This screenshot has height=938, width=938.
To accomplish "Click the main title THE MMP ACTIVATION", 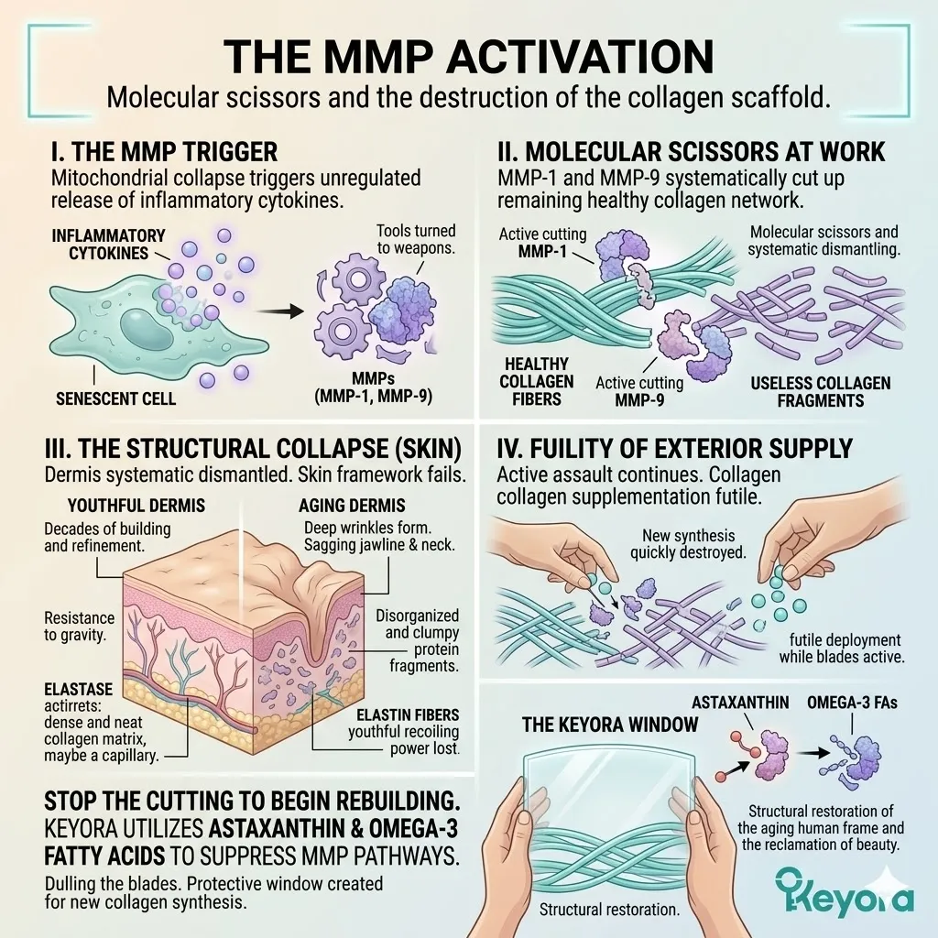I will tap(469, 57).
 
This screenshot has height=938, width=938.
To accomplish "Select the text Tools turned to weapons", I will tap(416, 240).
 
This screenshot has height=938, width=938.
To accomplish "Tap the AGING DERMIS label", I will tap(352, 506).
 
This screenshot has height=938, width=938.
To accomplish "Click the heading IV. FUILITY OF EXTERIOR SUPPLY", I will tap(674, 448).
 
